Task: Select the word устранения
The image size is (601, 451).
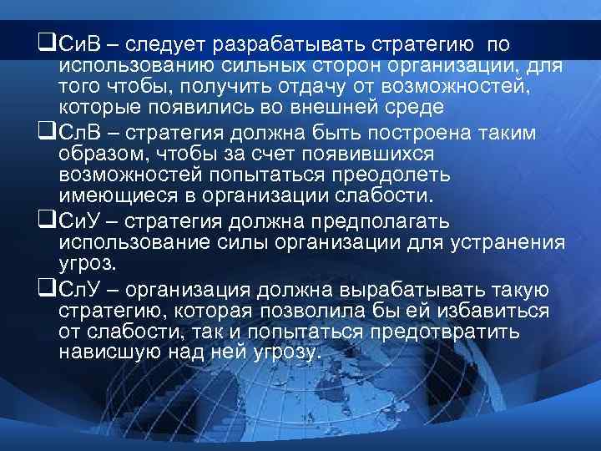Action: tap(506, 244)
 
